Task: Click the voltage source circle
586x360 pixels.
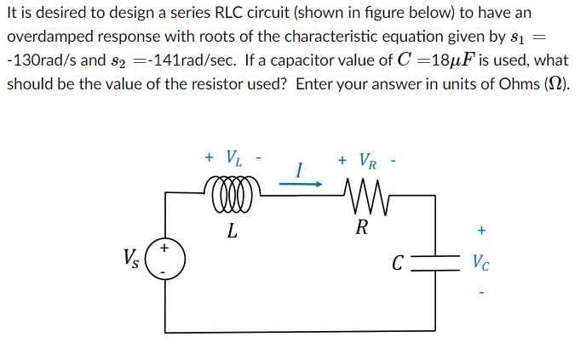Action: click(x=165, y=259)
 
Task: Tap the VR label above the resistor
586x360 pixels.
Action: click(x=365, y=160)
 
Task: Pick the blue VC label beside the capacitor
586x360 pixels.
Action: click(x=481, y=261)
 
